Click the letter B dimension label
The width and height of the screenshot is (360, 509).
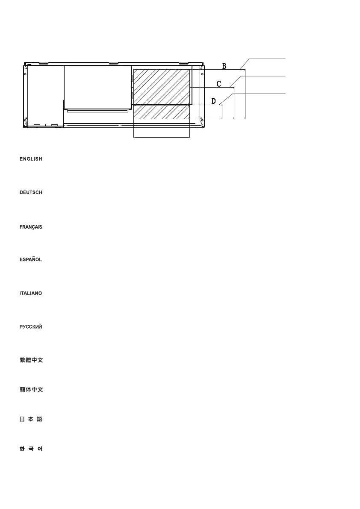point(224,66)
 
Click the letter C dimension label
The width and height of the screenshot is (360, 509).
point(218,84)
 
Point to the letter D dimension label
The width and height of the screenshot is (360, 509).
point(213,101)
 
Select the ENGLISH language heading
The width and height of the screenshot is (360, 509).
point(31,159)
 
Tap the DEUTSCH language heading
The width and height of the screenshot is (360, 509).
point(31,193)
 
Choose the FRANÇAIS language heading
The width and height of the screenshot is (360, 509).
point(31,227)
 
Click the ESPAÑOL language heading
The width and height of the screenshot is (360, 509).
point(31,260)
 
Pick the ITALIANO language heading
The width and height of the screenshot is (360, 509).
point(31,294)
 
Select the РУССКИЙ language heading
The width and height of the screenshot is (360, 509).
point(31,327)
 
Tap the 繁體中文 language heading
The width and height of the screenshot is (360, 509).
point(31,361)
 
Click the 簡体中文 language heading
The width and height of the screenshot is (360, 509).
point(31,390)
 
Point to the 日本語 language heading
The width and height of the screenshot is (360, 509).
point(31,420)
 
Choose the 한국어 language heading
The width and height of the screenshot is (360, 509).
point(31,449)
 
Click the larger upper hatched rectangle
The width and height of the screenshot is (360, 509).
point(162,86)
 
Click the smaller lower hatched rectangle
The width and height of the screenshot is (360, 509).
point(162,112)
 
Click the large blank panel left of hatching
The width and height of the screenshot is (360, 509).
point(97,87)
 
